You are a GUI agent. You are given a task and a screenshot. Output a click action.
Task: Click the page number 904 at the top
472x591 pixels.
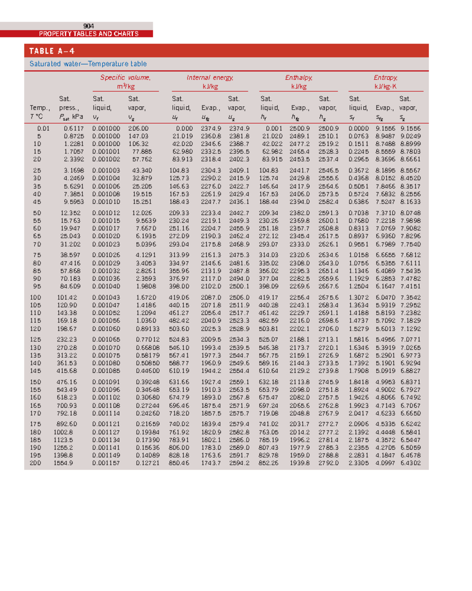point(88,26)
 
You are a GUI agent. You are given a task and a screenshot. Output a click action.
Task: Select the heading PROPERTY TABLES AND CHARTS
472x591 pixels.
point(88,34)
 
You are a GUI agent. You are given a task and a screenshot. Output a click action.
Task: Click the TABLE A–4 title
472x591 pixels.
point(52,51)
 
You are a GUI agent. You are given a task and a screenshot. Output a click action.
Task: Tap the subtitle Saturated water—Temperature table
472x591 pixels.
point(88,64)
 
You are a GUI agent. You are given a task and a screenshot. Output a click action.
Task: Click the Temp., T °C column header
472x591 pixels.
point(40,112)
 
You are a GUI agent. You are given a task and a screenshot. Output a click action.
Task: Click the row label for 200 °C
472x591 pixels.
point(35,463)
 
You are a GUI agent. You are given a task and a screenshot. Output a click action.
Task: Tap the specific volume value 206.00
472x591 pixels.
point(138,128)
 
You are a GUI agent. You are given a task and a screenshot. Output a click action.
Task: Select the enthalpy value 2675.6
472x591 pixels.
point(328,297)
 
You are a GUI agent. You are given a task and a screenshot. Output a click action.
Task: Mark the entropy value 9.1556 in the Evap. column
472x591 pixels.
point(385,128)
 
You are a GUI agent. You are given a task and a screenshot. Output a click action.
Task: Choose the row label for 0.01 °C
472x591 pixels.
point(43,128)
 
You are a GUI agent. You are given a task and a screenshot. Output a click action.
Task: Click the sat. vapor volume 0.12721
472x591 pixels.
point(147,463)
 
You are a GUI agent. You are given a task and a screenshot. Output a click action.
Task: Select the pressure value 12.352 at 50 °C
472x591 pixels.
point(70,213)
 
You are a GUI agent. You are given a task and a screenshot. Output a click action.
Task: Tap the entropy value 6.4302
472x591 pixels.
point(411,463)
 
